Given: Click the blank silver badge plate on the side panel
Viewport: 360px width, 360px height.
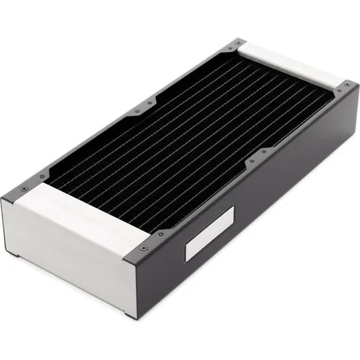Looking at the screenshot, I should (x=207, y=244).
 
